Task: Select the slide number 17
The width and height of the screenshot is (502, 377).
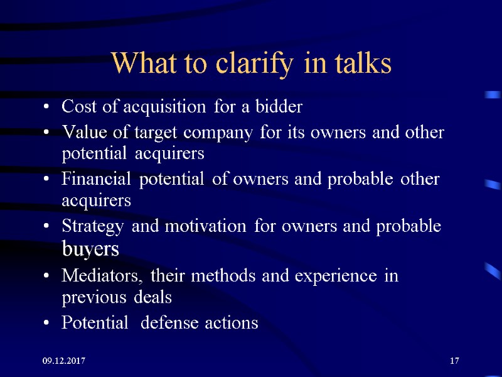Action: tap(455, 361)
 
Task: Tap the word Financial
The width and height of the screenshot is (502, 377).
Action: tap(97, 180)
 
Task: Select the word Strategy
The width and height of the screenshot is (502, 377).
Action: tap(94, 226)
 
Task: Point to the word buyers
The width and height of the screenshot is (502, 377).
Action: tap(90, 249)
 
